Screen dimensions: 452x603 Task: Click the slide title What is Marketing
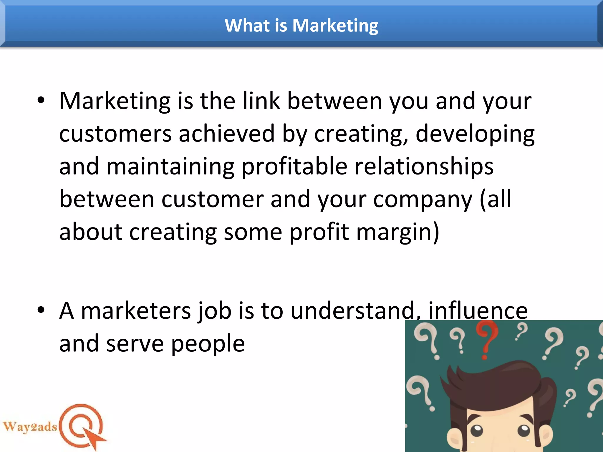point(301,26)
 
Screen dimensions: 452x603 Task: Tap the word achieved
point(227,134)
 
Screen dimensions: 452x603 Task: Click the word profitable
point(294,167)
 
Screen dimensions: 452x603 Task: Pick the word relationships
point(424,167)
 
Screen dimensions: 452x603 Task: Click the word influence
point(478,311)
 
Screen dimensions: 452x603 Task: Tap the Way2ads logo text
point(29,427)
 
